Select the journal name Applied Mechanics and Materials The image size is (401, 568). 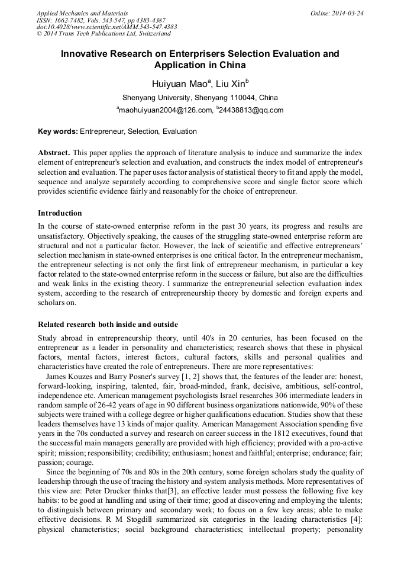(x=82, y=13)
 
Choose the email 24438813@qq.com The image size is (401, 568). (x=251, y=110)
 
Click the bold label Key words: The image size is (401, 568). (x=57, y=131)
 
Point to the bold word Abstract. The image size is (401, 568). (x=54, y=153)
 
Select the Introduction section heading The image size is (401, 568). (x=60, y=213)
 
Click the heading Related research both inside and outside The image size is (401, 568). (x=108, y=325)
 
